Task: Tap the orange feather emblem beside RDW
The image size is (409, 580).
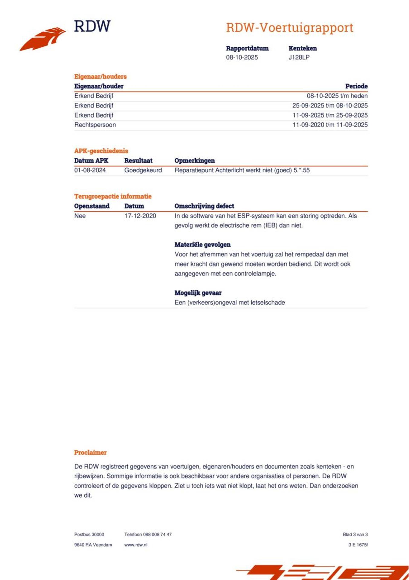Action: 43,39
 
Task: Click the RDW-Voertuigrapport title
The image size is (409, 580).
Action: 289,28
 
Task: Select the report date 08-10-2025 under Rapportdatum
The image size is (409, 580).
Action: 242,57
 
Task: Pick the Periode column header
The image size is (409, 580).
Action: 356,86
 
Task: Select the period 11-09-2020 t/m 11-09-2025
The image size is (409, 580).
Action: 330,125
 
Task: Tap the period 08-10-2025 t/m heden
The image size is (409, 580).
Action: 337,96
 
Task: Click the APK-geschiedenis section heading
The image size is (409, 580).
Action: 101,151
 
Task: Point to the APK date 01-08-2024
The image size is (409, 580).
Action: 90,170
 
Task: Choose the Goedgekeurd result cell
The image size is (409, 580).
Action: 143,170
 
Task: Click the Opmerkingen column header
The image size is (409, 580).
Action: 194,161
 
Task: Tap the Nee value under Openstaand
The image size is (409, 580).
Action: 80,216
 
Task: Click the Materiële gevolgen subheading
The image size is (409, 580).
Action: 202,244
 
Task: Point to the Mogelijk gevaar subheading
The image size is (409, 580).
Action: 198,293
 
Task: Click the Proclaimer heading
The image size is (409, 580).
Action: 90,452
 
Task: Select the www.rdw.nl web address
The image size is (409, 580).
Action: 135,545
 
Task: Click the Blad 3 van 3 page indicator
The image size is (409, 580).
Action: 355,535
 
